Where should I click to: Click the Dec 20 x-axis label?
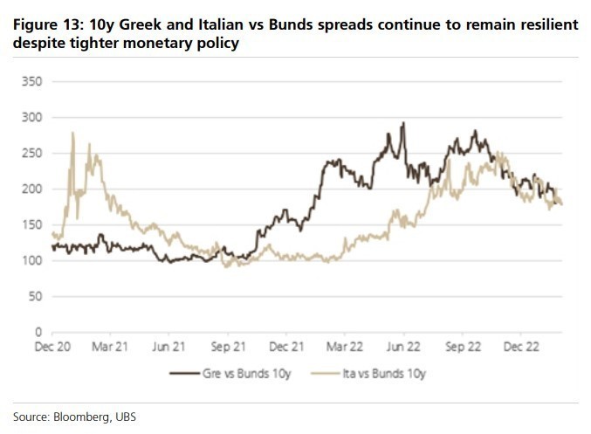click(x=53, y=346)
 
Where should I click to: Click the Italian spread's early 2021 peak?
click(x=72, y=133)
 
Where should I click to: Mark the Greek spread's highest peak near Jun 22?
click(x=403, y=123)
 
